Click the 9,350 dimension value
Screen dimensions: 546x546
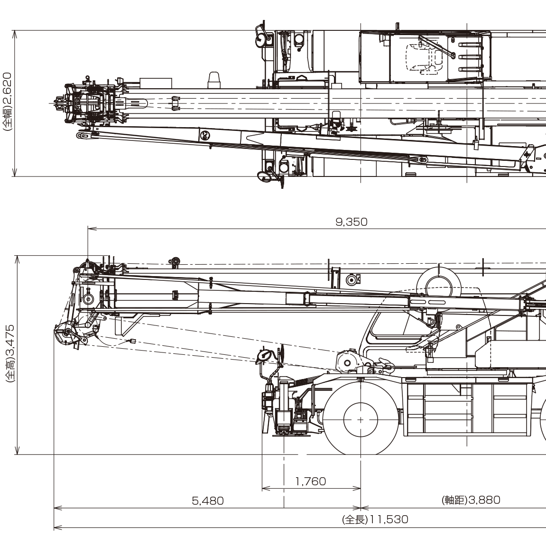[x=351, y=222]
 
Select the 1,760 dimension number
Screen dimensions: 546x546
[x=311, y=481]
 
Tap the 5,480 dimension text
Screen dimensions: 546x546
[x=208, y=500]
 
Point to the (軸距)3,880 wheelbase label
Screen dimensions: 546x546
[x=471, y=500]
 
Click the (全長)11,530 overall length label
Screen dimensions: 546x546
[x=375, y=519]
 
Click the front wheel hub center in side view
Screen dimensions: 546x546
[x=361, y=420]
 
